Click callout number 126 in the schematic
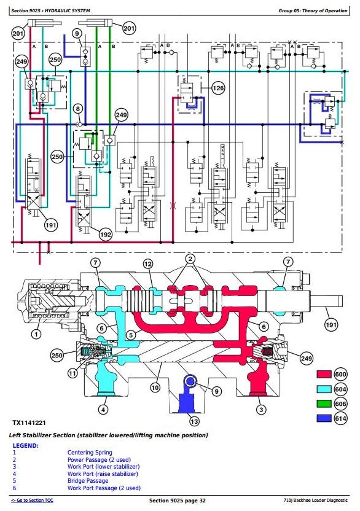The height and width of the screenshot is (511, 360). coord(218,88)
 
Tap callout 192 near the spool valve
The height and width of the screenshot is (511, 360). coord(105,235)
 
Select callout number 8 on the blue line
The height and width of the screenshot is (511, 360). coord(78,109)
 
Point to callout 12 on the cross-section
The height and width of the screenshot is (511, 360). coord(148,264)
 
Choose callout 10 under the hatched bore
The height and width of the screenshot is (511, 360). coord(155,388)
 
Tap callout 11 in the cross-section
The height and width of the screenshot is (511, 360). coord(72,373)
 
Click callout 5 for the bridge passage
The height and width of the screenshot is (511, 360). coord(131,335)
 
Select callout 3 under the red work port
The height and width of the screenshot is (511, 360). coord(261,410)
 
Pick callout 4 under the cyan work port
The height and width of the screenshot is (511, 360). coord(103,410)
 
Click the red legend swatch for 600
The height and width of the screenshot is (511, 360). coord(324,374)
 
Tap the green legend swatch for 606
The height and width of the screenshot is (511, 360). coord(324,404)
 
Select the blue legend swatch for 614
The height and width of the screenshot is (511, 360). coord(324,418)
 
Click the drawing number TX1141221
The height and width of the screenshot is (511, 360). coord(29,423)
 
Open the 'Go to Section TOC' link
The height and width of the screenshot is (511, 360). coord(32,500)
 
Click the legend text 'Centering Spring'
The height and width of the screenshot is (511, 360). coord(90,452)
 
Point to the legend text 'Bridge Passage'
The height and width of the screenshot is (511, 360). coord(88,481)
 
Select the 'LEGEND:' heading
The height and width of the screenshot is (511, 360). coord(25,445)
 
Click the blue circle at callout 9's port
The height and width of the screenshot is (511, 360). coord(190,380)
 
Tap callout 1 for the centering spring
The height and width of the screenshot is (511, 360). coord(36,334)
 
